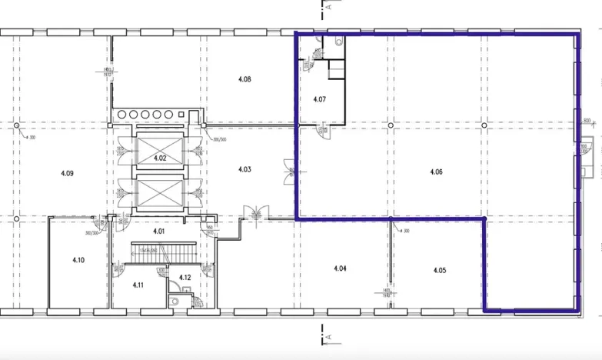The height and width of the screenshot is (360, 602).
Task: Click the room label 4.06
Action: [x=436, y=172]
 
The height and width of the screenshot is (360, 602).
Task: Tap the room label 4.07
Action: [x=320, y=99]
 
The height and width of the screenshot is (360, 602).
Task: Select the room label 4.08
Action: [x=244, y=78]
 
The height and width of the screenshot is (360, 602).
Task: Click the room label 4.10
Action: [x=78, y=260]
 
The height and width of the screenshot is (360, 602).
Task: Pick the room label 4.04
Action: [x=341, y=268]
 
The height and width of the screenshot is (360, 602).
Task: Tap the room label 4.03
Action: [x=244, y=169]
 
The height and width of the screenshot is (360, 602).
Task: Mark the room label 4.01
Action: [x=159, y=231]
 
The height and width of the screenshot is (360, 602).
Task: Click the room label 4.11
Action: [x=138, y=285]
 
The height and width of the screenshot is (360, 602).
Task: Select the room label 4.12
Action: [x=185, y=277]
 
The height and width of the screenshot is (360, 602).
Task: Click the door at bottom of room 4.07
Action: [x=326, y=128]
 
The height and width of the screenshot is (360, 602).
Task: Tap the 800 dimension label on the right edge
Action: [x=587, y=121]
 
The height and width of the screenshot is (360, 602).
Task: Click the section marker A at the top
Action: [x=328, y=7]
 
